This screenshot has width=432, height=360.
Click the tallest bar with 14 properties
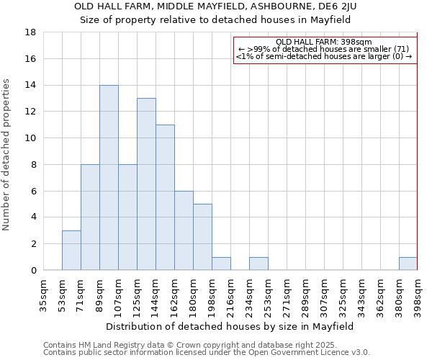(x=109, y=177)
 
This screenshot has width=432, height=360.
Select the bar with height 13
(x=146, y=184)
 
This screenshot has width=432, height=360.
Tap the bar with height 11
(x=165, y=197)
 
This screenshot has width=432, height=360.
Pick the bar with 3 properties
(x=71, y=250)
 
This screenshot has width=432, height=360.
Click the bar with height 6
(x=184, y=230)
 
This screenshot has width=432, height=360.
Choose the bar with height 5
(x=202, y=237)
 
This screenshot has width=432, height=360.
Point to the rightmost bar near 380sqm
(x=408, y=264)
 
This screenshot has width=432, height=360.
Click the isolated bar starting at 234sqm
(x=258, y=264)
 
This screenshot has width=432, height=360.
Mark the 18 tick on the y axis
(x=31, y=32)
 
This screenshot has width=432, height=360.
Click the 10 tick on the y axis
(x=31, y=138)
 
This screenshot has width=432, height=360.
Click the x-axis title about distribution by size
(x=230, y=326)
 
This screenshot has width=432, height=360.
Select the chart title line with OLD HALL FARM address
(x=215, y=6)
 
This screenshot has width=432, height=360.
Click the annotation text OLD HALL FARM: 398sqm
(x=323, y=42)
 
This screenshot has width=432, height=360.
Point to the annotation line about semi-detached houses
(x=323, y=55)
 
